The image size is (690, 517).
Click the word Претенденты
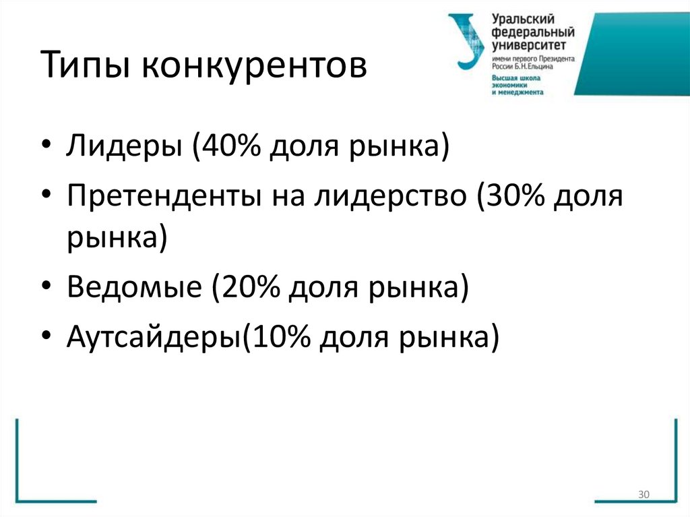164,197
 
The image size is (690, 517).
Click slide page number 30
642,495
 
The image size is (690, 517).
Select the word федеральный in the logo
532,33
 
